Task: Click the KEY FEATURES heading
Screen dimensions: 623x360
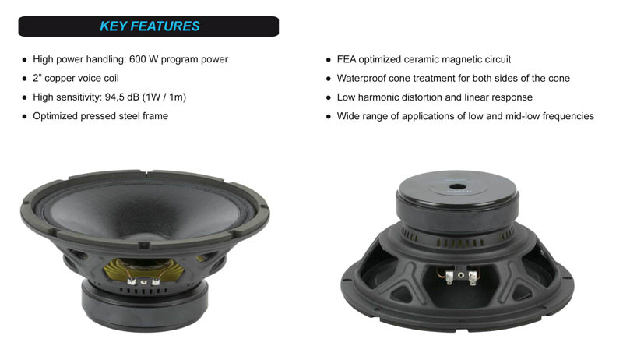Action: click(150, 26)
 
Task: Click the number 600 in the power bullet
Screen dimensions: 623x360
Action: click(138, 59)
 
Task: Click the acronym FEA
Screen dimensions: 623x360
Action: click(347, 59)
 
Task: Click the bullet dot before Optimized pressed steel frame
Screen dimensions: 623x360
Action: click(25, 116)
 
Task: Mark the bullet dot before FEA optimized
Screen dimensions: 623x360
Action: click(328, 60)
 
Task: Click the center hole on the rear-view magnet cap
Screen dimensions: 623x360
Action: click(457, 187)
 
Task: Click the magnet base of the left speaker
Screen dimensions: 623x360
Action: click(144, 305)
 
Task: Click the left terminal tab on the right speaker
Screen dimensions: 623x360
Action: click(449, 277)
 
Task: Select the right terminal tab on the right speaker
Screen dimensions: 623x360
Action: click(472, 277)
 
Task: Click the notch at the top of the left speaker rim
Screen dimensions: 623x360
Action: click(146, 173)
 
